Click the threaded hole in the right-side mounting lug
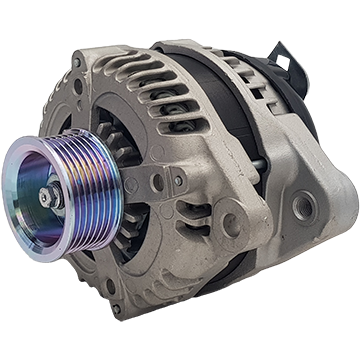point(305,210)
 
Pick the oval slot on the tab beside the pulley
point(150,182)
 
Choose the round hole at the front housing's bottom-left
point(110,286)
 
